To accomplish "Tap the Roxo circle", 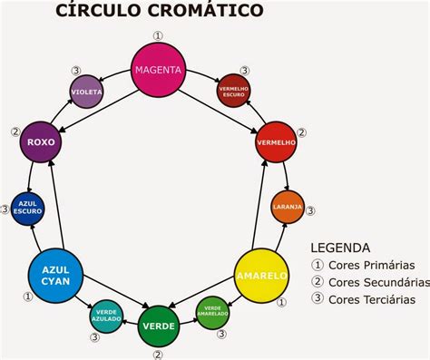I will point(40,141).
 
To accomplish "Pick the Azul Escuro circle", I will point(26,209).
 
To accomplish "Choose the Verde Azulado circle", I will point(105,315).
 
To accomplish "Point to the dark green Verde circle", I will point(158,325).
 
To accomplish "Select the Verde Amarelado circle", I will point(212,312).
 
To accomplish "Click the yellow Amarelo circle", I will point(261,275).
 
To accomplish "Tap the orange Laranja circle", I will point(288,207).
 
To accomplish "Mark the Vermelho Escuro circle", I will point(234,91).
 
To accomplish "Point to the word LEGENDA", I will point(340,247).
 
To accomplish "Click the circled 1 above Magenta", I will point(159,36).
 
